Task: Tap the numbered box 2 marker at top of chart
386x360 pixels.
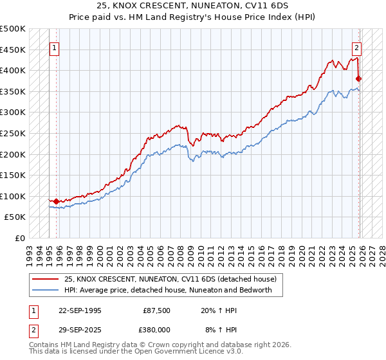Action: coord(356,47)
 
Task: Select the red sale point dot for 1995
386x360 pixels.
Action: coord(57,201)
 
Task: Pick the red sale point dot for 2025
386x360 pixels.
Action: coord(358,79)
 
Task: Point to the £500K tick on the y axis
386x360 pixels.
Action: coord(13,29)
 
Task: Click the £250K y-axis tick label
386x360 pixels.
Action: coord(13,133)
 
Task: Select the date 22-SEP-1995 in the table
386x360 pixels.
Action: coord(80,310)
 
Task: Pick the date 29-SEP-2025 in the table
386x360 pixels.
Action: coord(80,330)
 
